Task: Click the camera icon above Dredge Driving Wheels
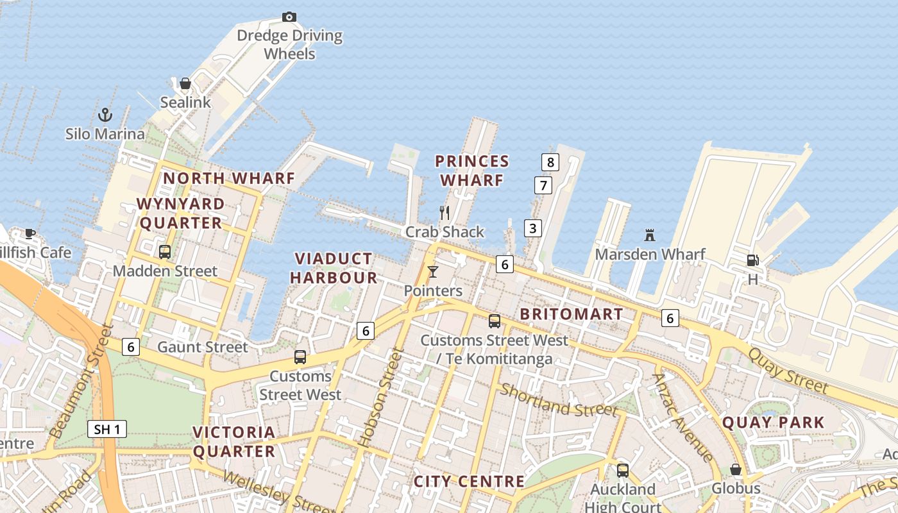(x=289, y=17)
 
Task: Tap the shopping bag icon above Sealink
(x=185, y=83)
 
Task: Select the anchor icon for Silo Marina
(x=105, y=115)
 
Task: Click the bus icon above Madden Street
(x=165, y=252)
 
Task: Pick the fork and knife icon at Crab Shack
(x=444, y=212)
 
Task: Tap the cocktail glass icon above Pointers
(x=433, y=272)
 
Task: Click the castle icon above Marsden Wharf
(x=650, y=235)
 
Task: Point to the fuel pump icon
(x=752, y=260)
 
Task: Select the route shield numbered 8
(x=550, y=162)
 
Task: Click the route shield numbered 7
(x=543, y=186)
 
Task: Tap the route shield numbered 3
(x=532, y=228)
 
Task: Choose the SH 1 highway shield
(x=106, y=429)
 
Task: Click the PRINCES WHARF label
(x=472, y=171)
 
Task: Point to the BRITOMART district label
(x=571, y=314)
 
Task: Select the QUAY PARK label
(x=773, y=423)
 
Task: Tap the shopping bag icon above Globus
(x=736, y=469)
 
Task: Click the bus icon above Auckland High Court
(x=622, y=471)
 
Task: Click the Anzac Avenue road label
(x=682, y=417)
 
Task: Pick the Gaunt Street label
(x=202, y=348)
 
